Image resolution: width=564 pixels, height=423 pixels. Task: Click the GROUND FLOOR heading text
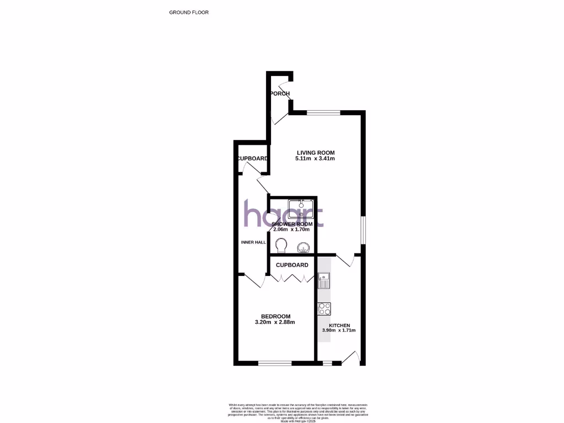tap(189, 12)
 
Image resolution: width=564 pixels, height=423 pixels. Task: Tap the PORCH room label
tap(280, 94)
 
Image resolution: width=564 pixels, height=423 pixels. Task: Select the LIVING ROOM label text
tap(316, 153)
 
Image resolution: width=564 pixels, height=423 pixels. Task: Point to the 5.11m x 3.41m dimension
tap(316, 159)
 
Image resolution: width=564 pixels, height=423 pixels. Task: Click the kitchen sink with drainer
tap(323, 281)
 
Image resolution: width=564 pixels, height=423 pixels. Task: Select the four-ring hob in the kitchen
tap(324, 309)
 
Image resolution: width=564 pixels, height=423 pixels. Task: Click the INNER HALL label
tap(253, 242)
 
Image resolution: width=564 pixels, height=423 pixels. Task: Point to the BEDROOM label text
tap(275, 316)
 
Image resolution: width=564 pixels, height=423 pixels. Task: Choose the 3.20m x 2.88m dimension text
tap(275, 322)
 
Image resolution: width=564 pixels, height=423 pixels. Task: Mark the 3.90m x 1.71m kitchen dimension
tap(339, 330)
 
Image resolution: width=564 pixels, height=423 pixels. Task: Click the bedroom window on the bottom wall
tap(275, 363)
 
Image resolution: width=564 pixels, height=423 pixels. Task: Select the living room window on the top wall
tap(323, 113)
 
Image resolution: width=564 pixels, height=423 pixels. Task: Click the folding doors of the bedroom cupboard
tap(291, 279)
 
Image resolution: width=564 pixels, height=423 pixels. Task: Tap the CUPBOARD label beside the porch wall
tap(253, 159)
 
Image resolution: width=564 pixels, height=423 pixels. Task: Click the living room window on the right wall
tap(363, 229)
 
